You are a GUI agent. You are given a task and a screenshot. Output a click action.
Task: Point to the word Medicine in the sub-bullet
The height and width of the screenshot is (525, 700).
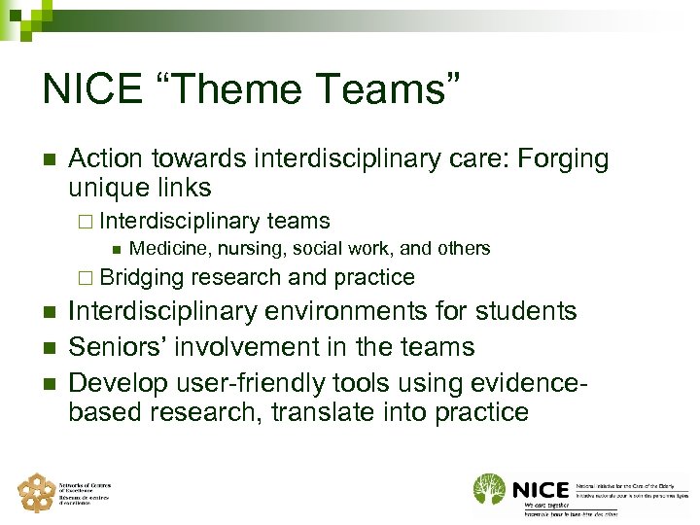(165, 248)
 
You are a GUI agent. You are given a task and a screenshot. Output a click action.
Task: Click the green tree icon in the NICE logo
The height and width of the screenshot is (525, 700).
(489, 488)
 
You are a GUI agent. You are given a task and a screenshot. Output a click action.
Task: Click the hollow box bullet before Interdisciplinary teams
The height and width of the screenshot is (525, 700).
(84, 223)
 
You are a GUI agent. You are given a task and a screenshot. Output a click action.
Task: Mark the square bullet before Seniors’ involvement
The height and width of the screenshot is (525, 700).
(47, 348)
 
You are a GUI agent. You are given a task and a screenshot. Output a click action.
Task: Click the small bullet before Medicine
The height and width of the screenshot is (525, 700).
(116, 249)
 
